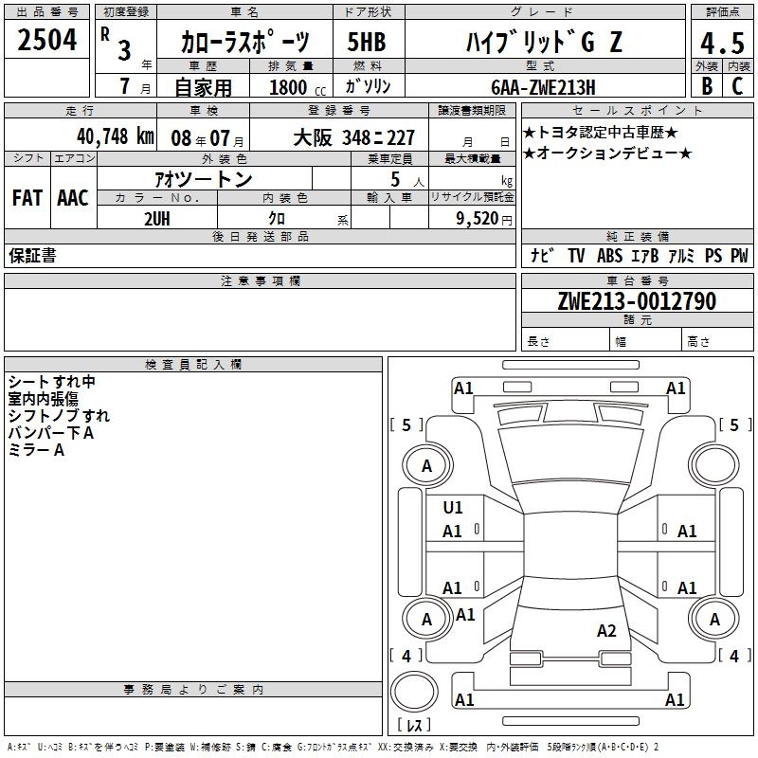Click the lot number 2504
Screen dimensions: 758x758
(46, 40)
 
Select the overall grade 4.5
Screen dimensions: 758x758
(722, 44)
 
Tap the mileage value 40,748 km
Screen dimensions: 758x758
(115, 136)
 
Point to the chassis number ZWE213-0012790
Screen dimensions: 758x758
(637, 301)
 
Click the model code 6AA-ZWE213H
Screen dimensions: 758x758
(543, 87)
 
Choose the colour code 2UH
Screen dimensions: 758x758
(157, 219)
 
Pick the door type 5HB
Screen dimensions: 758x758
(367, 42)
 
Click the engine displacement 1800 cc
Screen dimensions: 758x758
(298, 87)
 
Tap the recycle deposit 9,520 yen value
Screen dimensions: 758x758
(483, 219)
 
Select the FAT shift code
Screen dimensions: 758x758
(27, 198)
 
